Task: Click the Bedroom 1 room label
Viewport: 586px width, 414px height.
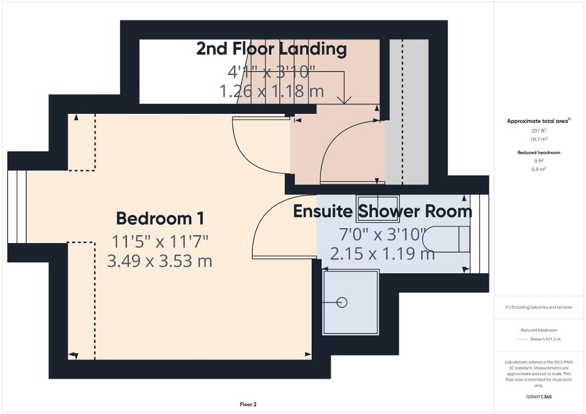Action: click(160, 218)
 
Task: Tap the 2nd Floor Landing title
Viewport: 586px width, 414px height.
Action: click(272, 49)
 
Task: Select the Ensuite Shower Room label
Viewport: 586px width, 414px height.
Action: click(383, 212)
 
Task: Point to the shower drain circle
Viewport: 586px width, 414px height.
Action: click(342, 302)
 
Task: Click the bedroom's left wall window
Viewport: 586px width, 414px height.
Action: click(17, 206)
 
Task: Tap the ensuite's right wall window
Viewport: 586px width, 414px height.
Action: click(480, 234)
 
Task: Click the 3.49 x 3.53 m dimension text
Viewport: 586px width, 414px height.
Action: click(160, 261)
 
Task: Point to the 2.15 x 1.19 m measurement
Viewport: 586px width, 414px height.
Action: click(382, 254)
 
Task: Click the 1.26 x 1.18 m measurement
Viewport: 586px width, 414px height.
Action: click(272, 91)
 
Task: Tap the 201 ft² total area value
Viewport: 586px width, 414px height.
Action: click(539, 130)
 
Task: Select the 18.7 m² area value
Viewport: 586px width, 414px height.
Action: click(539, 139)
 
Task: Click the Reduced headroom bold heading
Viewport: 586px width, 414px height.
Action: click(539, 152)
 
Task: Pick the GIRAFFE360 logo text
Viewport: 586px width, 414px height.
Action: click(539, 397)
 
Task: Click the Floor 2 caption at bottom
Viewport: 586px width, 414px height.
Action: click(248, 404)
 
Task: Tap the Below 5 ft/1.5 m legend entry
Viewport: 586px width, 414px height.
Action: click(545, 339)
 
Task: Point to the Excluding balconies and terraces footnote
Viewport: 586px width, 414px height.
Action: click(539, 307)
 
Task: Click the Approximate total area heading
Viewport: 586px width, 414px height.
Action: click(539, 121)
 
